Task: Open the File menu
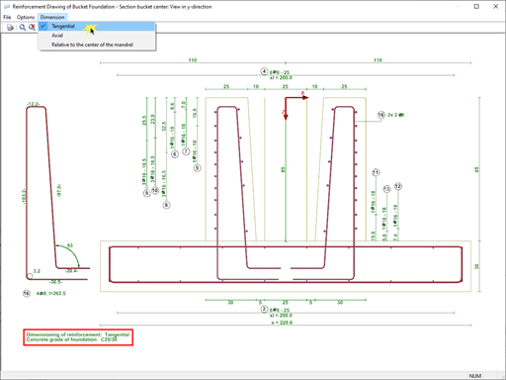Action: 8,17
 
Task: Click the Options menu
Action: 26,17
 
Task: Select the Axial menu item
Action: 57,35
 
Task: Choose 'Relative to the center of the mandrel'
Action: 97,45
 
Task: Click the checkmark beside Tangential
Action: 44,26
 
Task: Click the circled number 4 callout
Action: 264,71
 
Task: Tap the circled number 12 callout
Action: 398,186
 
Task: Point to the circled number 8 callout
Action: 167,205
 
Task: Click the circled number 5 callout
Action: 198,168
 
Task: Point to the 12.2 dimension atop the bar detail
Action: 34,103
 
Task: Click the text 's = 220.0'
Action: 286,321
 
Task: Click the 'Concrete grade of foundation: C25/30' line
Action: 77,341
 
